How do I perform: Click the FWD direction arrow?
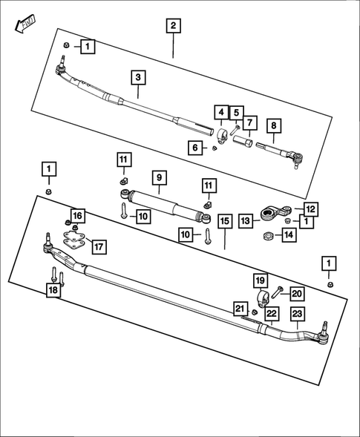(23, 25)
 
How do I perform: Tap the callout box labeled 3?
(138, 76)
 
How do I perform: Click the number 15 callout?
(224, 221)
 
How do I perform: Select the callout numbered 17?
(98, 246)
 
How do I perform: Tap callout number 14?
(287, 236)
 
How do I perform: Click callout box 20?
(297, 293)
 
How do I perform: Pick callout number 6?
(195, 148)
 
